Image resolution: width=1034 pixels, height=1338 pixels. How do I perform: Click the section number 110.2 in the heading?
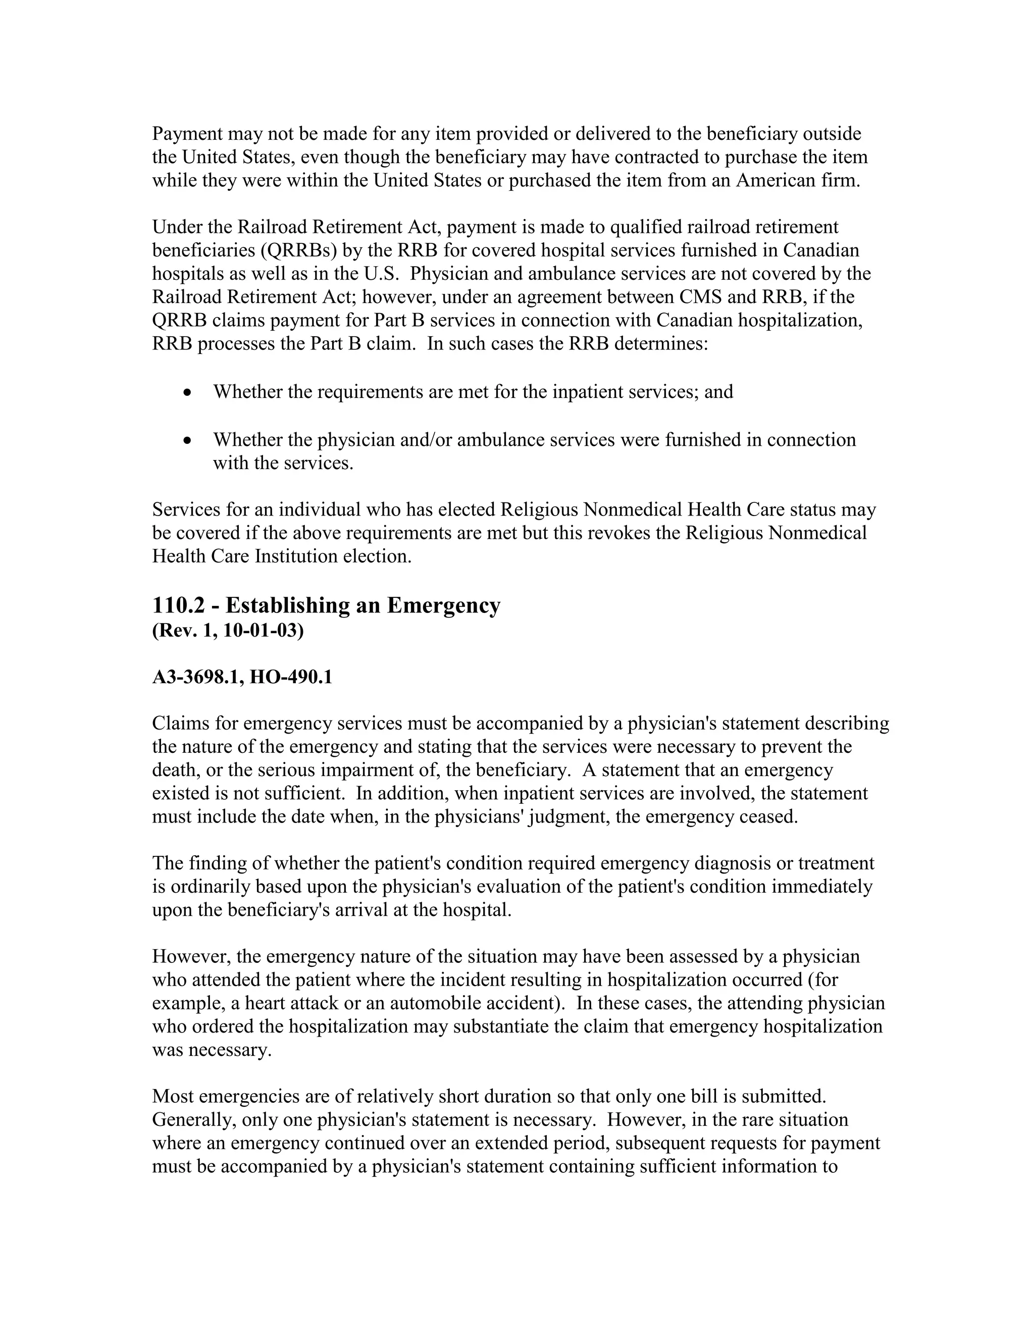[178, 606]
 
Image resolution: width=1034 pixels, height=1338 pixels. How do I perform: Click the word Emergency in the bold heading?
[443, 606]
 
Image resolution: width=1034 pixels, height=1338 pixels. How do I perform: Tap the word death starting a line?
[171, 770]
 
